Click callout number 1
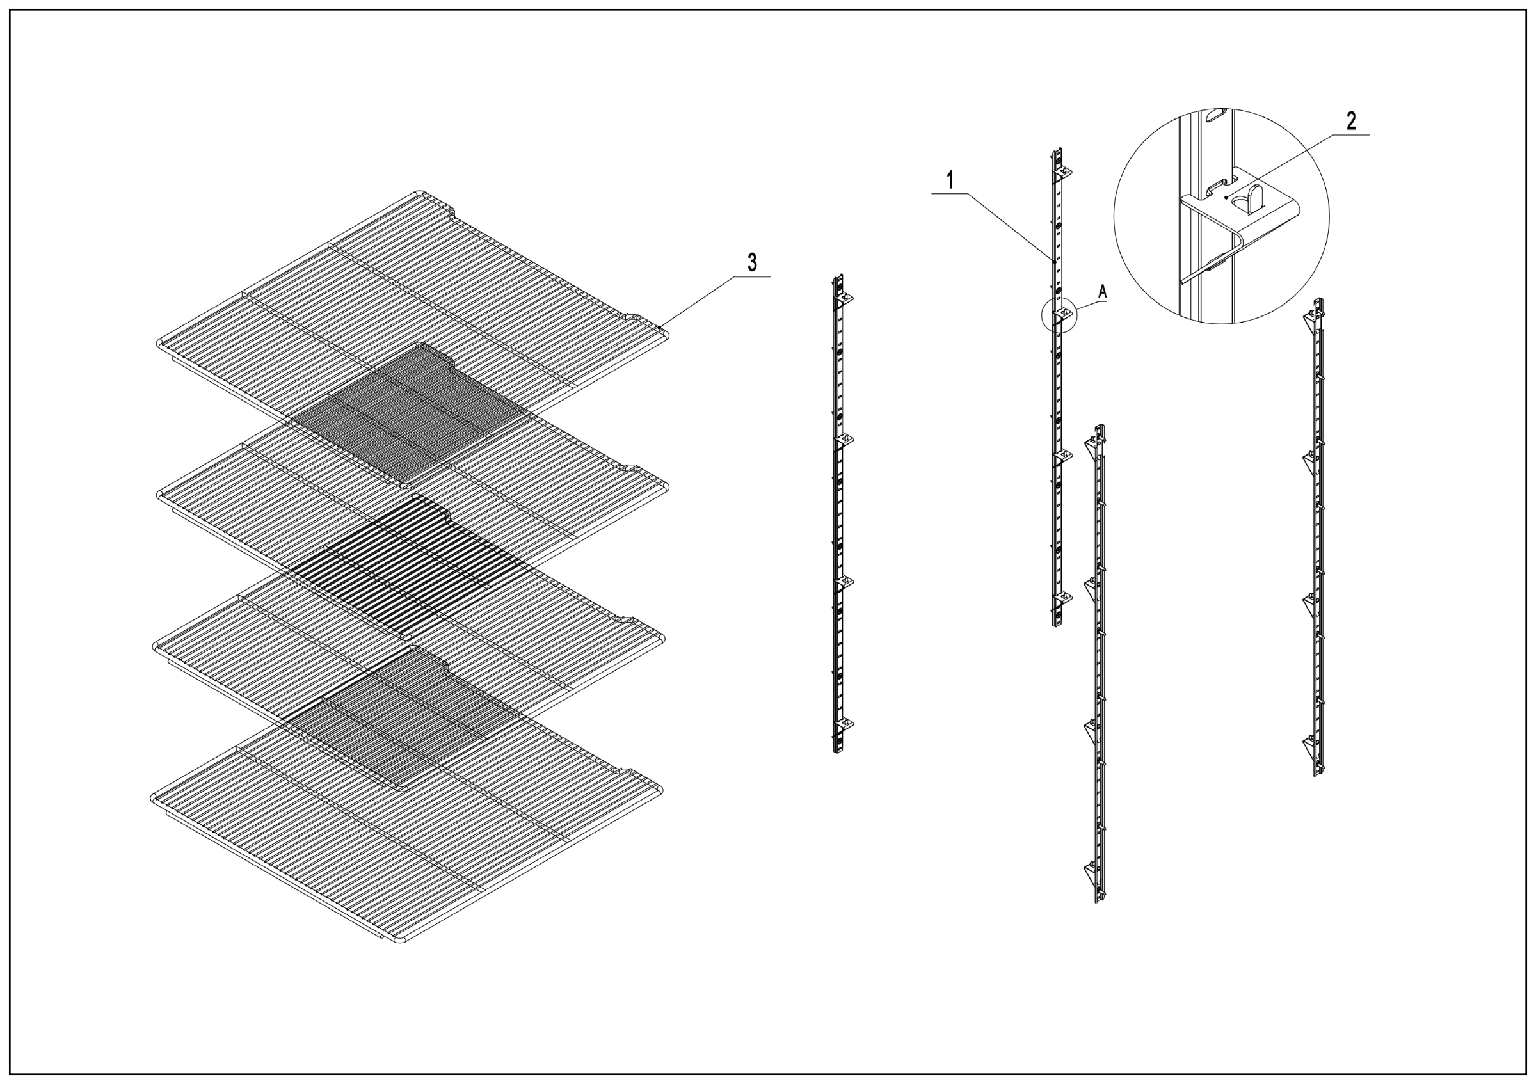pos(950,180)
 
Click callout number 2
pos(1350,122)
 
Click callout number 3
pos(753,263)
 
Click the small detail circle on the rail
pos(1059,315)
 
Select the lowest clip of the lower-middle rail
pos(1091,872)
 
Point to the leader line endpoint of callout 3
pos(660,327)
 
